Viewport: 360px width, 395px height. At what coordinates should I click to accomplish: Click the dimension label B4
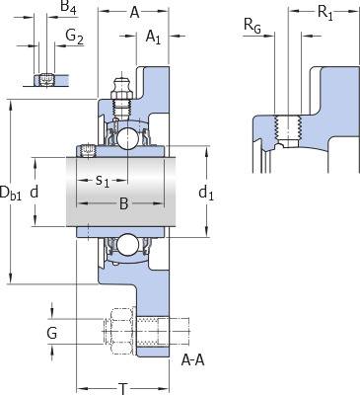[x=69, y=7]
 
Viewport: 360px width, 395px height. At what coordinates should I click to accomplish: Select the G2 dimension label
[x=74, y=37]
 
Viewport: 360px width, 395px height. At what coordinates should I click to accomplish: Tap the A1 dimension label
[x=153, y=37]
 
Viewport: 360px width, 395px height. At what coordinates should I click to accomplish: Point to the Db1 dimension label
[x=11, y=193]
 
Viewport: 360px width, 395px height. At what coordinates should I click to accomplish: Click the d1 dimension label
[x=206, y=193]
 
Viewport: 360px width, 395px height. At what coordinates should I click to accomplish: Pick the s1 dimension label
[x=103, y=181]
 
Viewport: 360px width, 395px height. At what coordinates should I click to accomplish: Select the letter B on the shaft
[x=123, y=203]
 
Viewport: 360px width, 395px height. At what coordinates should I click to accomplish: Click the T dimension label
[x=123, y=388]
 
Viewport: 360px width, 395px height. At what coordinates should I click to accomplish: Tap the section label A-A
[x=193, y=360]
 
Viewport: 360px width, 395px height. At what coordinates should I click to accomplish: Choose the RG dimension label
[x=252, y=26]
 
